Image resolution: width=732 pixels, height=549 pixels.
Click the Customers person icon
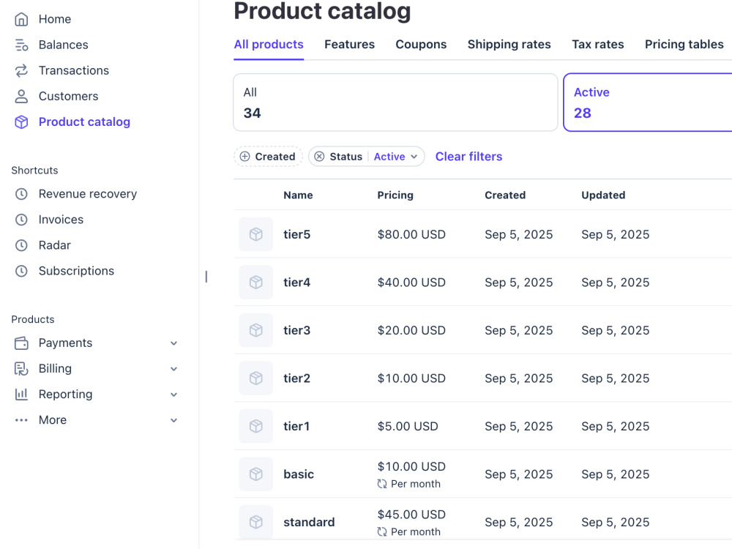[x=21, y=96]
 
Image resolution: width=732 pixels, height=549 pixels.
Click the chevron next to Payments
[x=173, y=343]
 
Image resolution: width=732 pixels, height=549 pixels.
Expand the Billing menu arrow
[x=173, y=369]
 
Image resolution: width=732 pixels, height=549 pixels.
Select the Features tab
[x=349, y=45]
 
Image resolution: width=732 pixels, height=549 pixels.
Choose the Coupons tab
[x=421, y=45]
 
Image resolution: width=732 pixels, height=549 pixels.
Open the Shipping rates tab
[x=509, y=45]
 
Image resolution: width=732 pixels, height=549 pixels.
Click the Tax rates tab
[x=597, y=45]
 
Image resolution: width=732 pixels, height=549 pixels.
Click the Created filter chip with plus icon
[x=268, y=157]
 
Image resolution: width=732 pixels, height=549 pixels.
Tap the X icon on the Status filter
[x=319, y=157]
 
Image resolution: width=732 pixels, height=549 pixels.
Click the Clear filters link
[x=468, y=157]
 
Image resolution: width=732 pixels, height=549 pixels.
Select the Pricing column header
[x=395, y=195]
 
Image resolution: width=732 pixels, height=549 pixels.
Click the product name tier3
[x=297, y=331]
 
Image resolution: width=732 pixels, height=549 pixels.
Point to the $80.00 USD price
[x=411, y=234]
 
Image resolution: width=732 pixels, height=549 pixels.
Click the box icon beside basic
[x=255, y=474]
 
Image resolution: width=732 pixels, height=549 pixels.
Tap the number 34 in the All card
[x=252, y=113]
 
